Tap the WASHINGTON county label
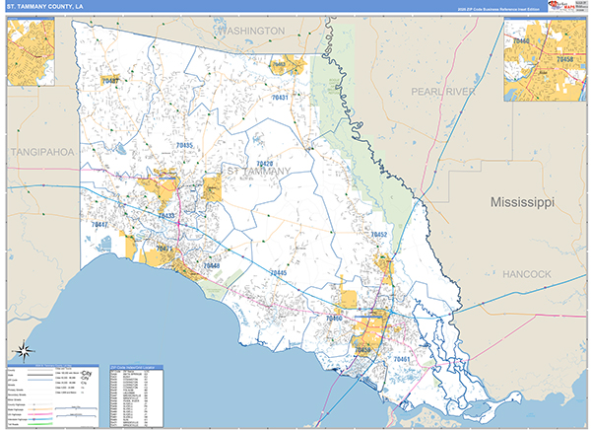coord(250,32)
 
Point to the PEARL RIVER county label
coord(442,91)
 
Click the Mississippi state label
coord(522,201)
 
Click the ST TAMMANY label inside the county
coord(259,172)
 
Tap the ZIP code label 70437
coord(109,80)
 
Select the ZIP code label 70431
coord(280,98)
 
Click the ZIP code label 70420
coord(264,164)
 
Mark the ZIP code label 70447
coord(99,225)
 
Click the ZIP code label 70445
coord(278,272)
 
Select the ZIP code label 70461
coord(402,359)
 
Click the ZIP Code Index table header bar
coord(137,368)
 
